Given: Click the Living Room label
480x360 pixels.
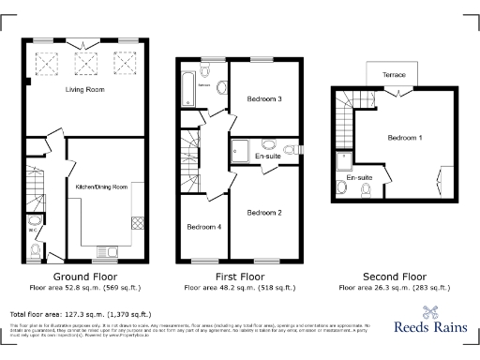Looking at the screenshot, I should (84, 90).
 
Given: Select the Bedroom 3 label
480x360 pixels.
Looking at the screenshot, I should (264, 98).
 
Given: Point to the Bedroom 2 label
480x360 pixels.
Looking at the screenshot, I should (264, 213).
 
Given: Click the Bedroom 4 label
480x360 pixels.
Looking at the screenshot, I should (202, 226).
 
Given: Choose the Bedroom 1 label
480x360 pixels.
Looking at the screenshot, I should (406, 138).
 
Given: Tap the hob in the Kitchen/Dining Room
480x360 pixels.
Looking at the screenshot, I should (138, 223).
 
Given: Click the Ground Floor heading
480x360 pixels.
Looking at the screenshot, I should (84, 277).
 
